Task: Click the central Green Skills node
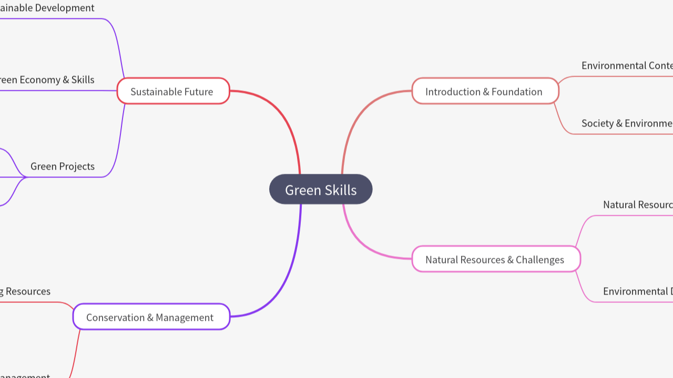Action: coord(321,190)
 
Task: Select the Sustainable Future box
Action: coord(173,91)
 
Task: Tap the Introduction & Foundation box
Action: coord(485,91)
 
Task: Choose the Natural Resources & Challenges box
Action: coord(496,259)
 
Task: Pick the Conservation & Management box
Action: coord(151,317)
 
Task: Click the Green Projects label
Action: coord(63,166)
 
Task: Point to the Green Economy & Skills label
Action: coord(47,80)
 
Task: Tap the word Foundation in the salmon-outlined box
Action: coord(517,92)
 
